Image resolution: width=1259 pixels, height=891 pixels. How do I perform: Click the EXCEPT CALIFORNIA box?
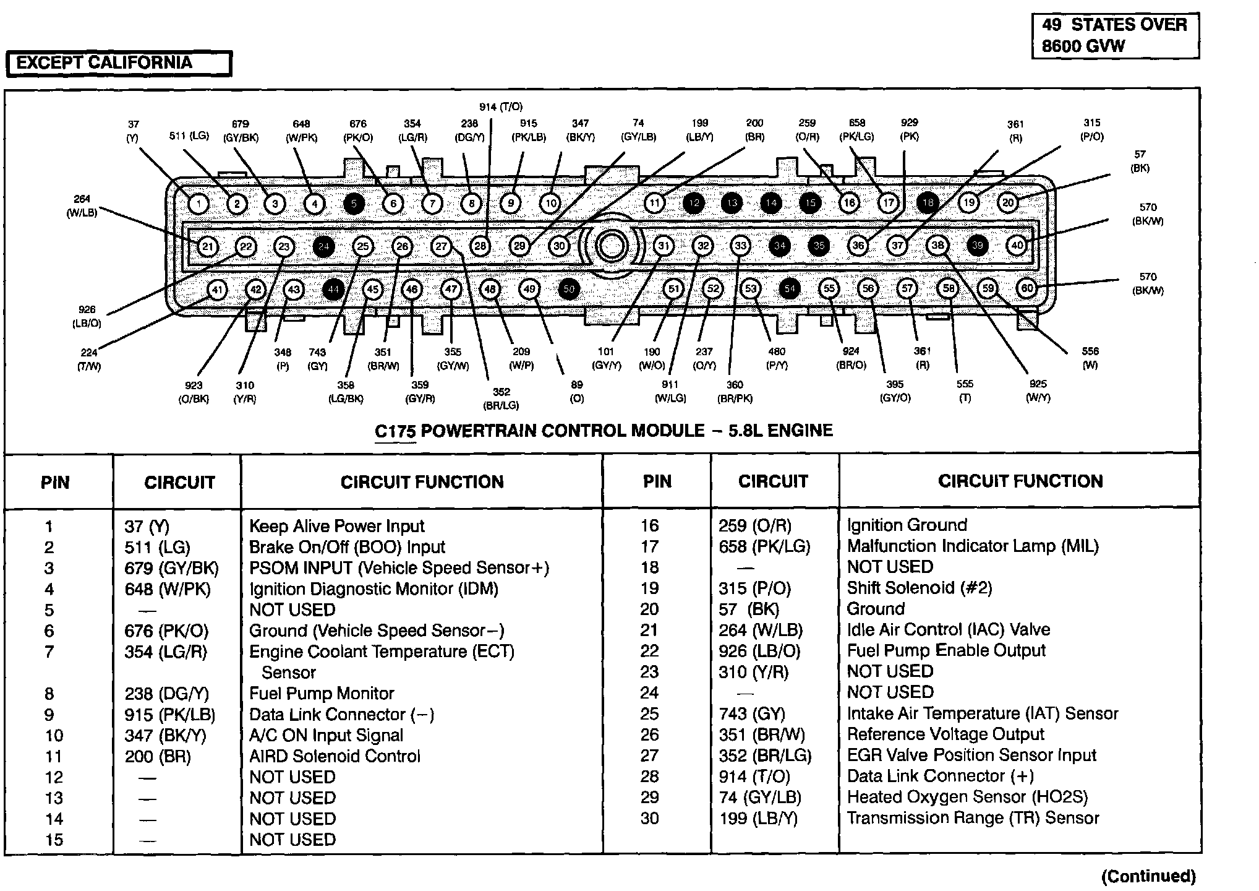click(x=117, y=63)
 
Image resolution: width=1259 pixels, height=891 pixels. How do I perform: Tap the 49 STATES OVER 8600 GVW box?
click(x=1115, y=36)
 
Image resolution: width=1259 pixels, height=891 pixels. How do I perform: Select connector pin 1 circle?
click(x=198, y=204)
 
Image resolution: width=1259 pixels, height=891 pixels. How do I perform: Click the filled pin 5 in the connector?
click(x=354, y=204)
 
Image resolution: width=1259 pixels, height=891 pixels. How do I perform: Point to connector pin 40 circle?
click(x=1017, y=246)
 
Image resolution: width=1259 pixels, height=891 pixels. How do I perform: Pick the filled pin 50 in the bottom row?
click(x=569, y=289)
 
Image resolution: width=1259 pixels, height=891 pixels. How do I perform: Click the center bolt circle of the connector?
click(x=612, y=246)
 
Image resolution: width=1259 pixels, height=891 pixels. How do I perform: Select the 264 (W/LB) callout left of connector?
click(x=82, y=206)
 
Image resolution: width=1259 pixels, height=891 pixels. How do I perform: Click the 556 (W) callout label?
click(x=1090, y=358)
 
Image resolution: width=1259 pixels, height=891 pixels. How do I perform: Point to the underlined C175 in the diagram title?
click(x=395, y=431)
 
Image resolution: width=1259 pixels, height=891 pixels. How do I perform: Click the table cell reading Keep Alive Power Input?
click(x=336, y=527)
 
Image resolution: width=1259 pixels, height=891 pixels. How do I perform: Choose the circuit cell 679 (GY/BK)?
click(x=171, y=568)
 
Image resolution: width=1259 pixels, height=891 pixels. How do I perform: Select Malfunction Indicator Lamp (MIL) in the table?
click(x=972, y=546)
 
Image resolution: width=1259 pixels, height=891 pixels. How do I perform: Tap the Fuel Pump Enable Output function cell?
click(x=945, y=651)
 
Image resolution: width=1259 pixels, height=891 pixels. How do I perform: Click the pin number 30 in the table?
click(x=649, y=818)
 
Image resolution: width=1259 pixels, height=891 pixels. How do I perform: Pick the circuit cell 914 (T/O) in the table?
click(x=754, y=777)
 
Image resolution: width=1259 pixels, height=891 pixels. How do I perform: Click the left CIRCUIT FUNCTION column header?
click(x=422, y=482)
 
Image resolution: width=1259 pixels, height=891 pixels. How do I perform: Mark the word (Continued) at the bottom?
click(x=1148, y=876)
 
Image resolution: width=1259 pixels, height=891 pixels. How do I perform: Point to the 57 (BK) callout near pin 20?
click(x=1139, y=161)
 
